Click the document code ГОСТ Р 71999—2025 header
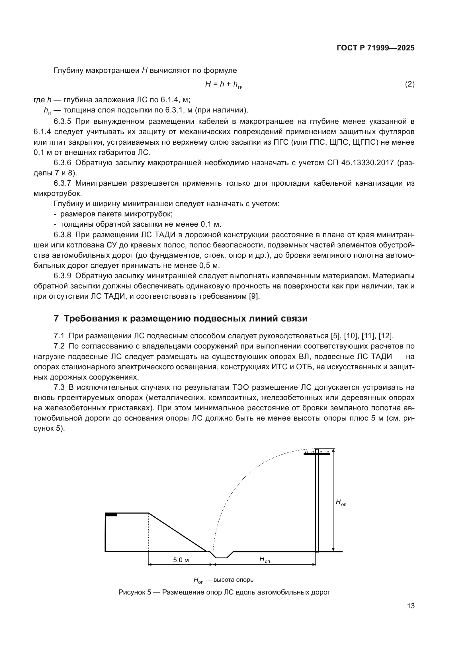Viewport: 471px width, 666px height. point(375,48)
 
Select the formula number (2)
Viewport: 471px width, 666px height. point(409,84)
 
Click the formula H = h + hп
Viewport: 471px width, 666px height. point(224,85)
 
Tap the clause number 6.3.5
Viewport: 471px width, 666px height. point(62,121)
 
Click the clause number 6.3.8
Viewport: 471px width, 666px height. point(62,235)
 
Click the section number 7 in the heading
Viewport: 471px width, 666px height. point(56,319)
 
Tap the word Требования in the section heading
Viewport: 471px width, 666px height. point(93,319)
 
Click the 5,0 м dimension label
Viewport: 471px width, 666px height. point(181,560)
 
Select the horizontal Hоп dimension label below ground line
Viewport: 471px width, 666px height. point(265,560)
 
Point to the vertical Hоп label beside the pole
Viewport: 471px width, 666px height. point(341,503)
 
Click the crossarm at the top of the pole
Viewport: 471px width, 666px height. point(317,454)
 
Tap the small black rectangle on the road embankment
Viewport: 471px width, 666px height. point(111,515)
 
